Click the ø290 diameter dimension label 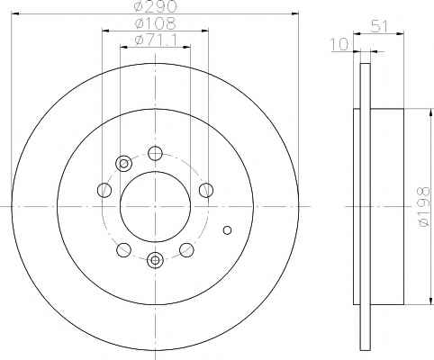pyautogui.click(x=155, y=6)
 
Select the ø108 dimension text pyautogui.click(x=155, y=23)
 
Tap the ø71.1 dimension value pyautogui.click(x=156, y=40)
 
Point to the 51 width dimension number pyautogui.click(x=379, y=26)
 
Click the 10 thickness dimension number pyautogui.click(x=339, y=44)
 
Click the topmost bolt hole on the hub pyautogui.click(x=155, y=153)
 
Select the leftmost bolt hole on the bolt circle pyautogui.click(x=104, y=190)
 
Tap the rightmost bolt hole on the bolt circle pyautogui.click(x=206, y=190)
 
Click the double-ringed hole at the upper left pyautogui.click(x=123, y=164)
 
